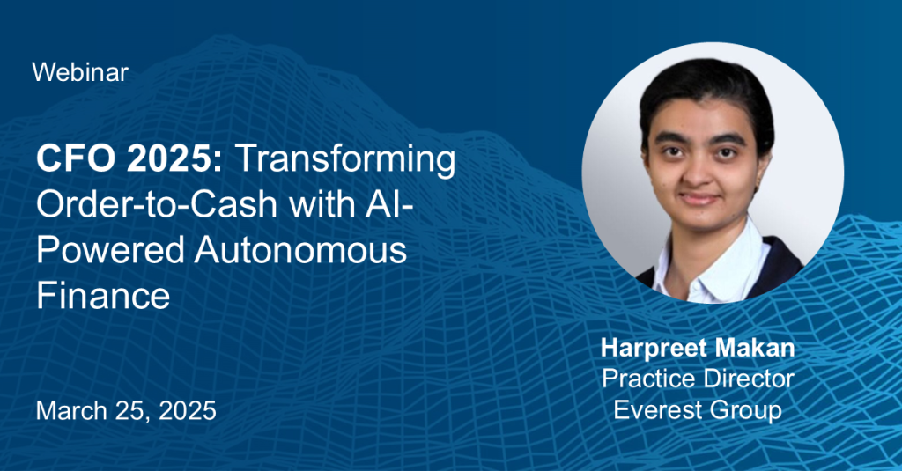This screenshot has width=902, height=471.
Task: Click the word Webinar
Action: point(80,72)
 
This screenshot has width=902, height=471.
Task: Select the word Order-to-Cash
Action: point(157,205)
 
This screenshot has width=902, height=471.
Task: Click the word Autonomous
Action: point(300,251)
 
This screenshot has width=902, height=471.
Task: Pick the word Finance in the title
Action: point(103,296)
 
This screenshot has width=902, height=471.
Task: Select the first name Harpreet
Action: point(653,349)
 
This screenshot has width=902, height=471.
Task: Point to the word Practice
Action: point(647,379)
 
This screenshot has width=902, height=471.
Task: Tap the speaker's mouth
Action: point(699,198)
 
